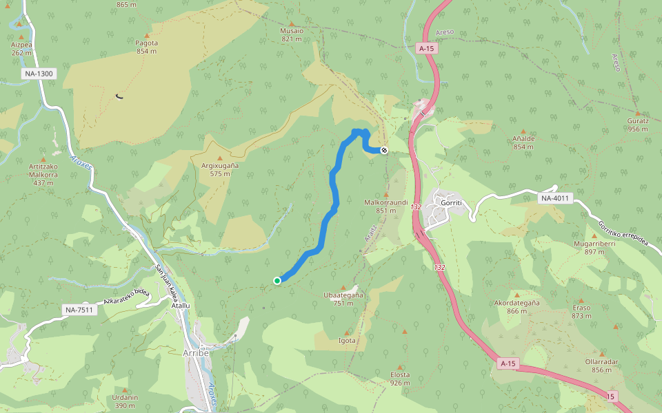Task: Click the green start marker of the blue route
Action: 277,280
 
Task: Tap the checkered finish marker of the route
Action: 384,150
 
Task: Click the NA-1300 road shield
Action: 38,74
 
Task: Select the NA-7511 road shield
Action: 80,310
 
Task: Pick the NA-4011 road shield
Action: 556,199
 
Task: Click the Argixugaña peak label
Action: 220,166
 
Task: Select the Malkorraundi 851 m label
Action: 385,206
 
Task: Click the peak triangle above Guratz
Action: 638,113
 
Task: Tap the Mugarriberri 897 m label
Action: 594,248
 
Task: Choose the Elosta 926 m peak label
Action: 400,379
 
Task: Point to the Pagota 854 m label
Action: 147,47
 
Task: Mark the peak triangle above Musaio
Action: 292,23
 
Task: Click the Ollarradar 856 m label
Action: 601,366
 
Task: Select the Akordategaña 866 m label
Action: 516,306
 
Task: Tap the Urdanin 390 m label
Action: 126,401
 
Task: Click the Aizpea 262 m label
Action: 21,48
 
